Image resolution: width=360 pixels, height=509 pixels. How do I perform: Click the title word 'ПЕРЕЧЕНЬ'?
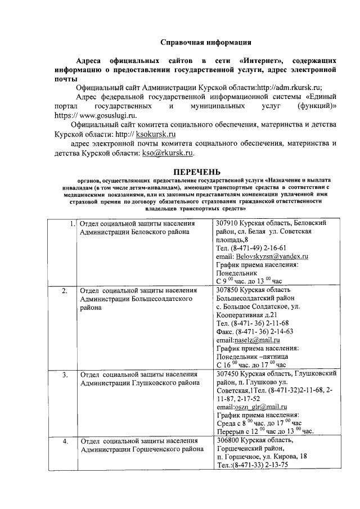pyautogui.click(x=196, y=172)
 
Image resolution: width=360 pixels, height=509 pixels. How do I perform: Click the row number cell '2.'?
pyautogui.click(x=65, y=291)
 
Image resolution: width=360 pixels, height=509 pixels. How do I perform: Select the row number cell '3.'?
pyautogui.click(x=65, y=374)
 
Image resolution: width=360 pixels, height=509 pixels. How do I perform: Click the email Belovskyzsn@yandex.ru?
pyautogui.click(x=272, y=256)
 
